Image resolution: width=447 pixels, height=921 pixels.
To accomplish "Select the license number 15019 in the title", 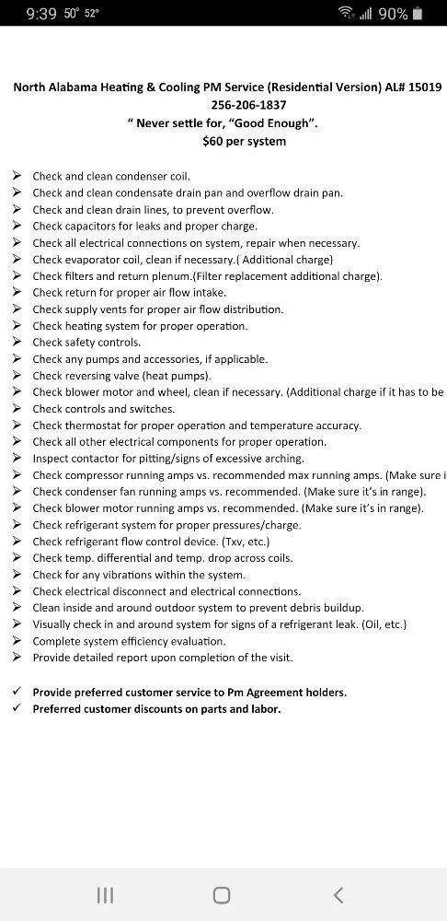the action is point(426,87).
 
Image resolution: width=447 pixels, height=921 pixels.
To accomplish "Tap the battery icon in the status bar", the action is point(418,14).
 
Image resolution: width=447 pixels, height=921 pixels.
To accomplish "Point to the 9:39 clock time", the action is point(41,14).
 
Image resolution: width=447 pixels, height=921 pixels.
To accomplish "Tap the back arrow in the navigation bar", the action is point(338,894).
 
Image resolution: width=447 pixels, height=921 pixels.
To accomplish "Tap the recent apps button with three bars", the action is point(106,894).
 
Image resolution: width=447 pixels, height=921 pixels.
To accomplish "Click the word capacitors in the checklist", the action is point(92,227).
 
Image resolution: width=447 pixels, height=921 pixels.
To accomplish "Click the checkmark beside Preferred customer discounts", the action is point(17,708).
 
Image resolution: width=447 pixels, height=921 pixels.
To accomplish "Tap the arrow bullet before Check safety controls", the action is point(17,343).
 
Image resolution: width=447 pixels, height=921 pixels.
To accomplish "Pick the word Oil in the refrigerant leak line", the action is point(386,624).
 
